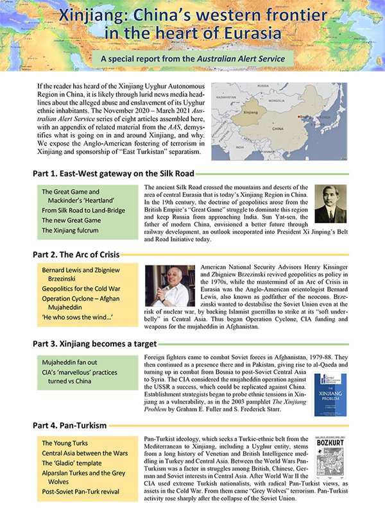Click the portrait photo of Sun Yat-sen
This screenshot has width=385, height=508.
(x=330, y=204)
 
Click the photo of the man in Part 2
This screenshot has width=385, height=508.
(x=169, y=285)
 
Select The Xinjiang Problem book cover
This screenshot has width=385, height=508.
(x=326, y=394)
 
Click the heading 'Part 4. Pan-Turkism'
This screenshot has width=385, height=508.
(x=70, y=425)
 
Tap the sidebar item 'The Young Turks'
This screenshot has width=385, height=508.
(x=65, y=443)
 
